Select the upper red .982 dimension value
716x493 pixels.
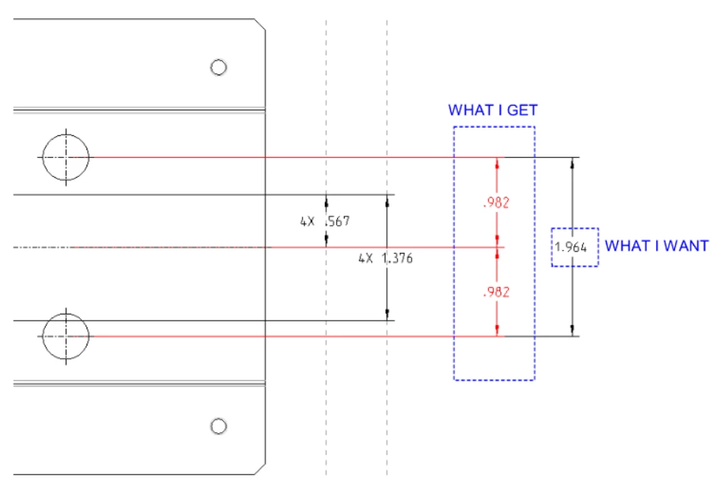point(496,202)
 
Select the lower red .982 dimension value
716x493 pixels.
point(496,292)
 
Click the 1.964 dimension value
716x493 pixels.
point(571,247)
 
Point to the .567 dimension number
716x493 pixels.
point(337,222)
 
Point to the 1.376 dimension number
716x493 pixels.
point(397,258)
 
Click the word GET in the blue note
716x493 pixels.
point(522,110)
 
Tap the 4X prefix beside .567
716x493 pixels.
point(308,222)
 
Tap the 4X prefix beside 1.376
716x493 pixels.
point(366,258)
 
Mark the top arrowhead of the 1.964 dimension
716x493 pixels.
point(572,163)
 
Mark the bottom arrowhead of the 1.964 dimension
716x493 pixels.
point(572,330)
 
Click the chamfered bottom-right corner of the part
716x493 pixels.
point(260,469)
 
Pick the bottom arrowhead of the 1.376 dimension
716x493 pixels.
point(387,314)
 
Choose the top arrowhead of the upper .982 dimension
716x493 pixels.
point(497,163)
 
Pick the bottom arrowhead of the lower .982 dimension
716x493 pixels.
point(497,330)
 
